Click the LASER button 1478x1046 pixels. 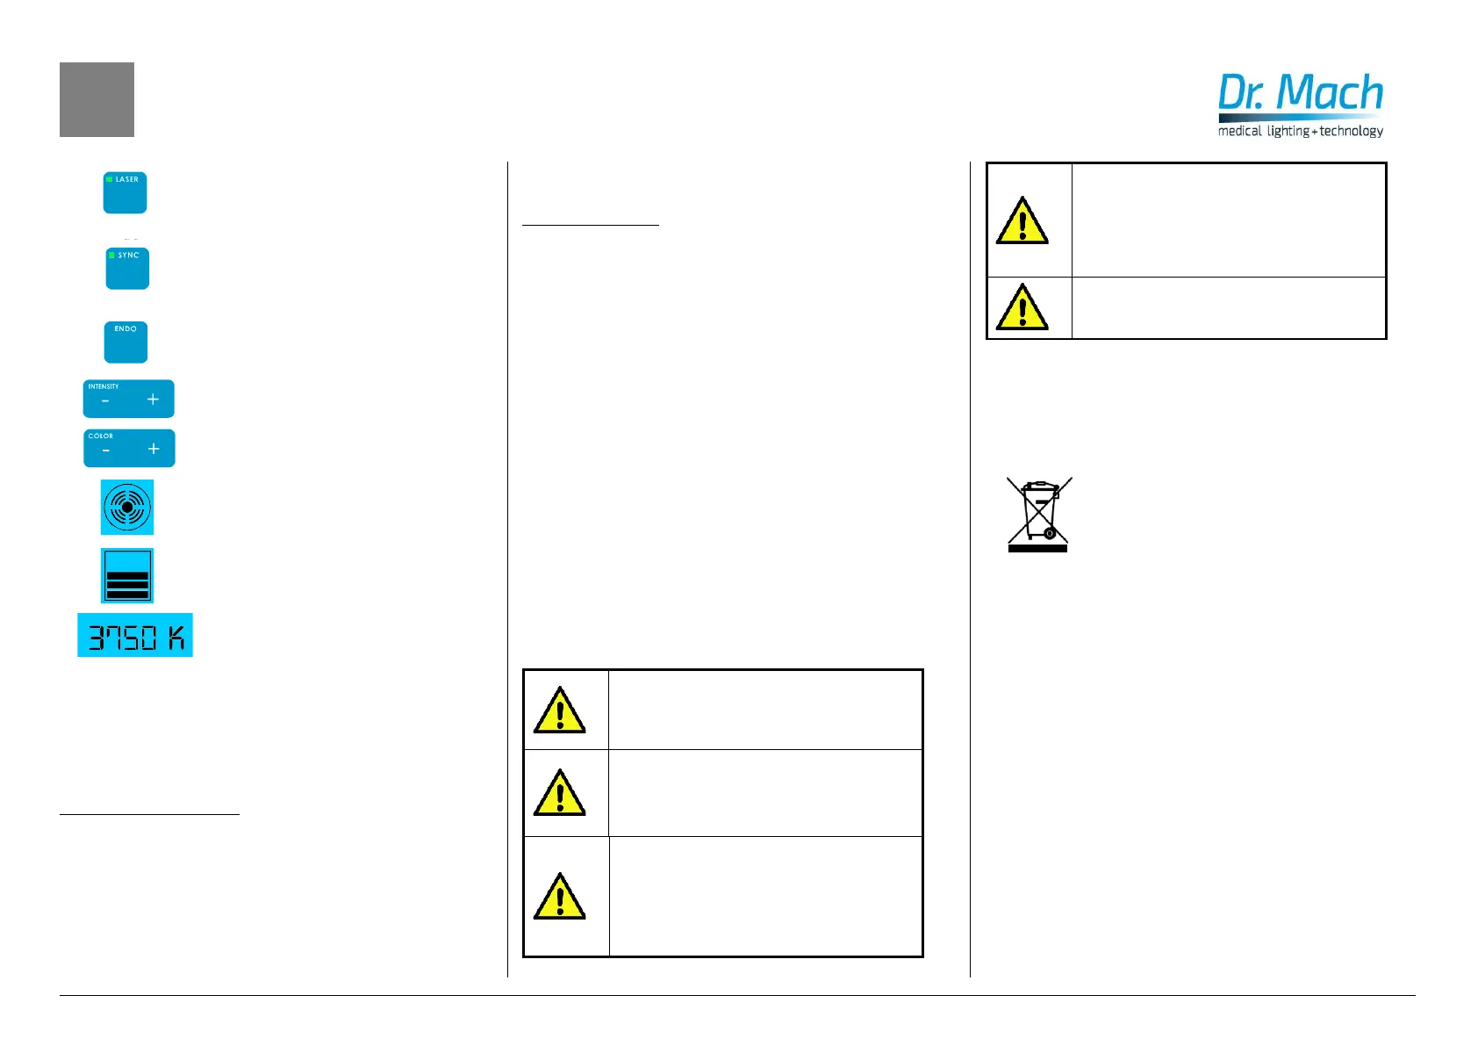125,192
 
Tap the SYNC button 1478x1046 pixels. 127,269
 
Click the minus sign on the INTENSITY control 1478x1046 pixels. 105,401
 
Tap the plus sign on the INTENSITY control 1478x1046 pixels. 153,400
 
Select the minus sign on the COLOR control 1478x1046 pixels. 106,451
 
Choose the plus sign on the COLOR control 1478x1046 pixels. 154,449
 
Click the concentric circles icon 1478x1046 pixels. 127,507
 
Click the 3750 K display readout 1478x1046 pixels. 135,635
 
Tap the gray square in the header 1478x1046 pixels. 97,99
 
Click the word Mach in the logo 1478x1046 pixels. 1330,93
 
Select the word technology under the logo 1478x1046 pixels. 1352,131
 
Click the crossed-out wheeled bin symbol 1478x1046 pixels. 1038,515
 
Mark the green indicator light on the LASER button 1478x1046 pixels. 110,179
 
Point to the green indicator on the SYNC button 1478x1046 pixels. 112,255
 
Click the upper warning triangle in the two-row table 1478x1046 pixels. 1022,221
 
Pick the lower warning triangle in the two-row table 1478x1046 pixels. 1022,307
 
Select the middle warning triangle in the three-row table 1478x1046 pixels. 559,793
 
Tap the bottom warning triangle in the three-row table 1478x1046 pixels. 559,897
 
